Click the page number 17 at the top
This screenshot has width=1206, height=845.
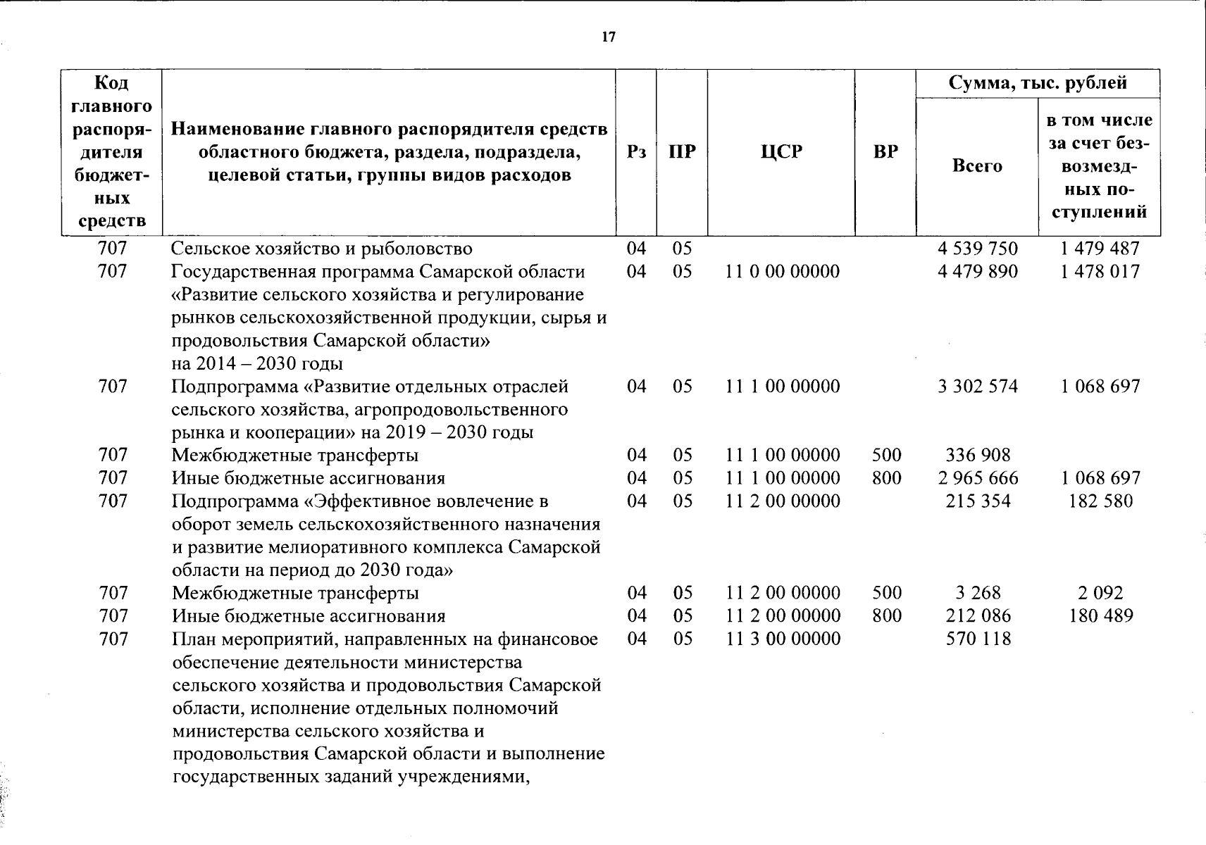pos(609,37)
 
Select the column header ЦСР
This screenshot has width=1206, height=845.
pos(781,152)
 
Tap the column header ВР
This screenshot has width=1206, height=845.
pos(885,152)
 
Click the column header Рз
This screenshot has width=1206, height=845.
pos(636,152)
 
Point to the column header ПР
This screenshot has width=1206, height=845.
pos(682,152)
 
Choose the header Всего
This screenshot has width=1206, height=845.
pos(977,166)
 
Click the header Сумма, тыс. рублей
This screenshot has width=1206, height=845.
pos(1038,83)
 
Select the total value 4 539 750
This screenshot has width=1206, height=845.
pos(978,249)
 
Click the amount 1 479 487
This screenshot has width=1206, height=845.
pos(1100,249)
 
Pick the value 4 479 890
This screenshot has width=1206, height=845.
pos(978,272)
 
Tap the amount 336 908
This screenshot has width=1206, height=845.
pos(978,455)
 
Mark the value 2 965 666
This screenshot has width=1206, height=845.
pos(978,478)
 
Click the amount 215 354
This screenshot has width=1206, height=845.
pos(978,501)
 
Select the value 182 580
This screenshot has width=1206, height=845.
pos(1100,501)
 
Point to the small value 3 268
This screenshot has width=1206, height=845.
pos(978,593)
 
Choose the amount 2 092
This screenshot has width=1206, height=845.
pos(1100,593)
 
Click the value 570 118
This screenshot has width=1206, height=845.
pos(978,639)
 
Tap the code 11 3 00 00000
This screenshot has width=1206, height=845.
pos(783,639)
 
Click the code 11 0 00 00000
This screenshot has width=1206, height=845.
pos(783,272)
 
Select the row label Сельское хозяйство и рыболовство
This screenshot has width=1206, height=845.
pos(322,249)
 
